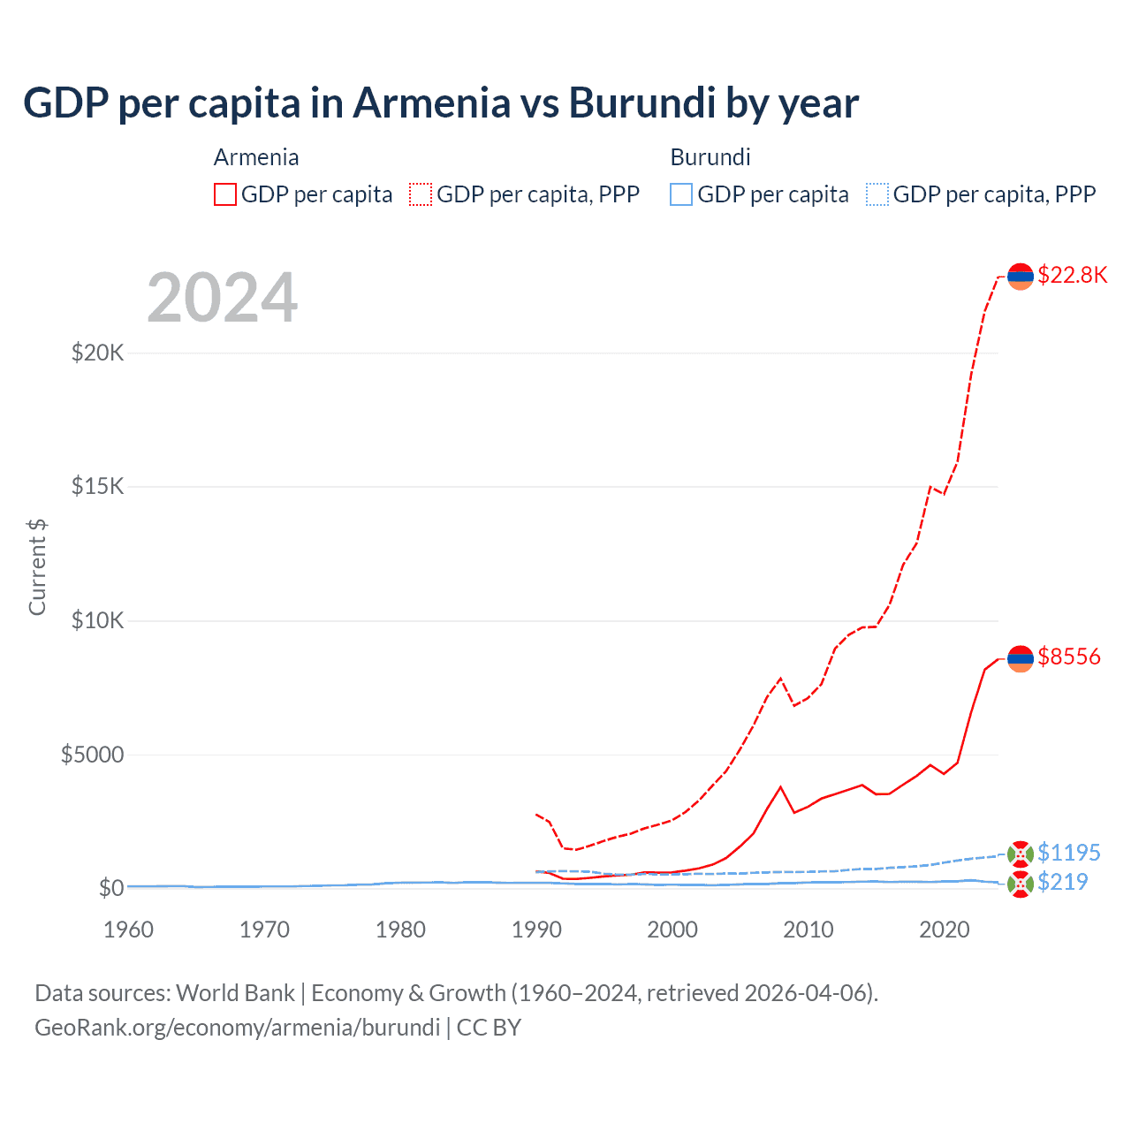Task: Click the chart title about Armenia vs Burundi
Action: [x=440, y=102]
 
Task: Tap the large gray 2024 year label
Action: [x=222, y=298]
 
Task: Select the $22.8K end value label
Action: [x=1072, y=275]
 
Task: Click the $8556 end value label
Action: [x=1069, y=657]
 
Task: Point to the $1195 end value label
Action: [x=1069, y=853]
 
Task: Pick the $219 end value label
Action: [x=1063, y=882]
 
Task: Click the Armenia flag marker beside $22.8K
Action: [x=1021, y=277]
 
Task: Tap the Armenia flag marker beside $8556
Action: [x=1021, y=658]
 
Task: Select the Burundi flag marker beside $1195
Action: [x=1021, y=854]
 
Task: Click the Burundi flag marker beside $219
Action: [x=1021, y=883]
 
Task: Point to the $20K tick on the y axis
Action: [x=97, y=353]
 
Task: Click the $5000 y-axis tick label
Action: [x=92, y=755]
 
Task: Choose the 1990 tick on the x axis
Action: [x=536, y=930]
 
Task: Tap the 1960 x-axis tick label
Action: [x=129, y=930]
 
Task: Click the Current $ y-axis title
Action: [x=37, y=567]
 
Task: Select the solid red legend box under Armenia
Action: [x=225, y=194]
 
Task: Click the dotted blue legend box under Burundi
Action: [x=877, y=194]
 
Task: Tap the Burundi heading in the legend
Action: [x=710, y=157]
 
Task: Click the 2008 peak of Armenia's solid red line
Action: [x=780, y=786]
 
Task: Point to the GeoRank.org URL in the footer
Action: [x=237, y=1028]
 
